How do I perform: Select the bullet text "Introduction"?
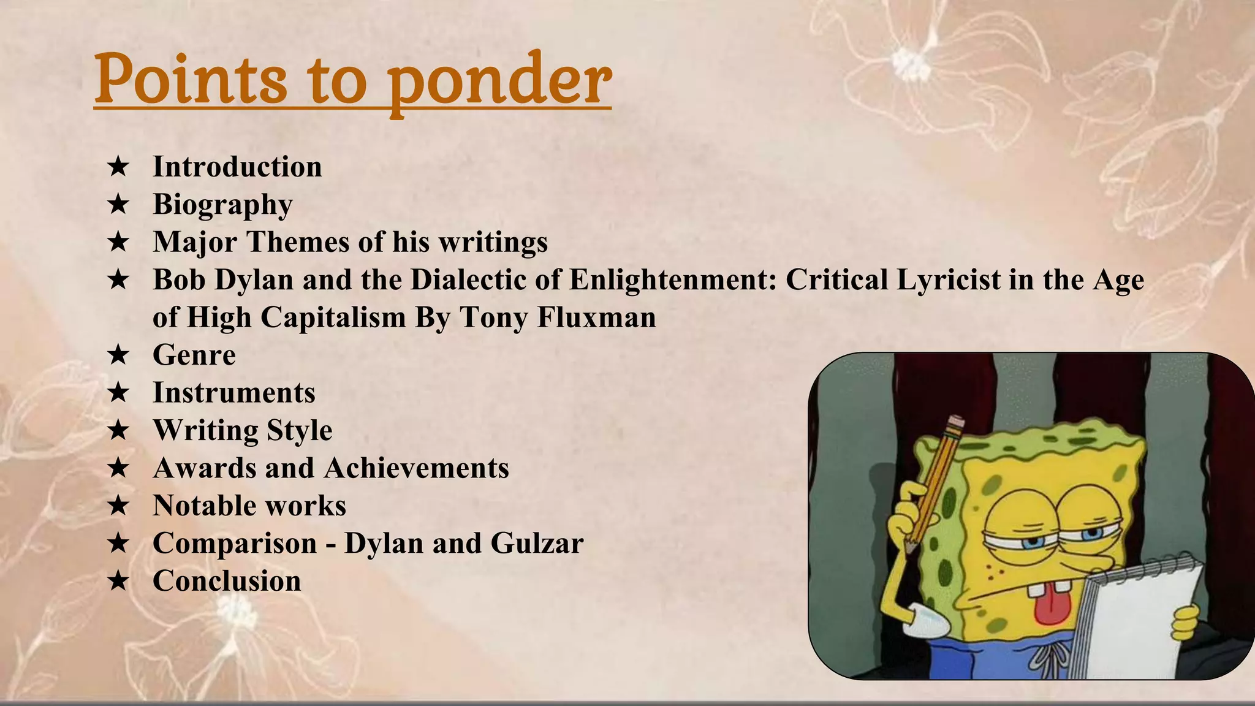pos(237,167)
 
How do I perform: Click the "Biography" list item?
pos(222,204)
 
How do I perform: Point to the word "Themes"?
pos(298,242)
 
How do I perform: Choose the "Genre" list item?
pos(194,355)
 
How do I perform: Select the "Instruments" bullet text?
pos(233,393)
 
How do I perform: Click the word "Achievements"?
pos(416,468)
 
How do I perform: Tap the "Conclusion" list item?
pos(227,581)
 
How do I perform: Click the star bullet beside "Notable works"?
pos(118,506)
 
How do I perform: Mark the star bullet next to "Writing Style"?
pos(118,431)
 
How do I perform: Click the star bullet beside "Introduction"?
pos(118,167)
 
